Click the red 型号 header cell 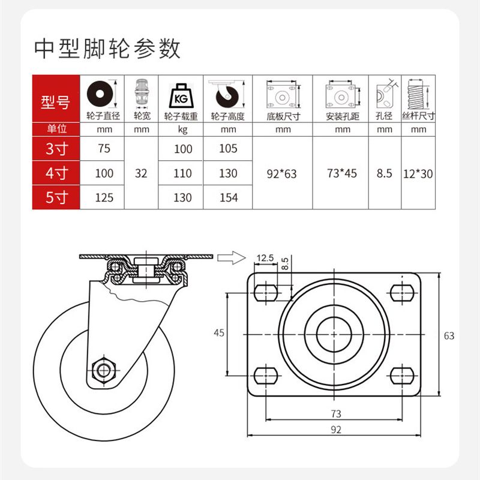(56, 102)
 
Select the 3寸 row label (56, 149)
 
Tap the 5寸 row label (56, 197)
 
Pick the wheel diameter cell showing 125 (104, 197)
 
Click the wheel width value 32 (142, 173)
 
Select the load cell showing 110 (183, 173)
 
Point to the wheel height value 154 (229, 197)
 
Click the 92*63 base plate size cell (282, 173)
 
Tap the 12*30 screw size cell (419, 173)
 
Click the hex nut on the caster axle (104, 368)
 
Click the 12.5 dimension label (265, 258)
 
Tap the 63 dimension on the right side (449, 336)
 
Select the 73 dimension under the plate (335, 413)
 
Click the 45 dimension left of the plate (219, 332)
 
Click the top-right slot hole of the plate (402, 292)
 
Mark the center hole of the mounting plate (335, 333)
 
